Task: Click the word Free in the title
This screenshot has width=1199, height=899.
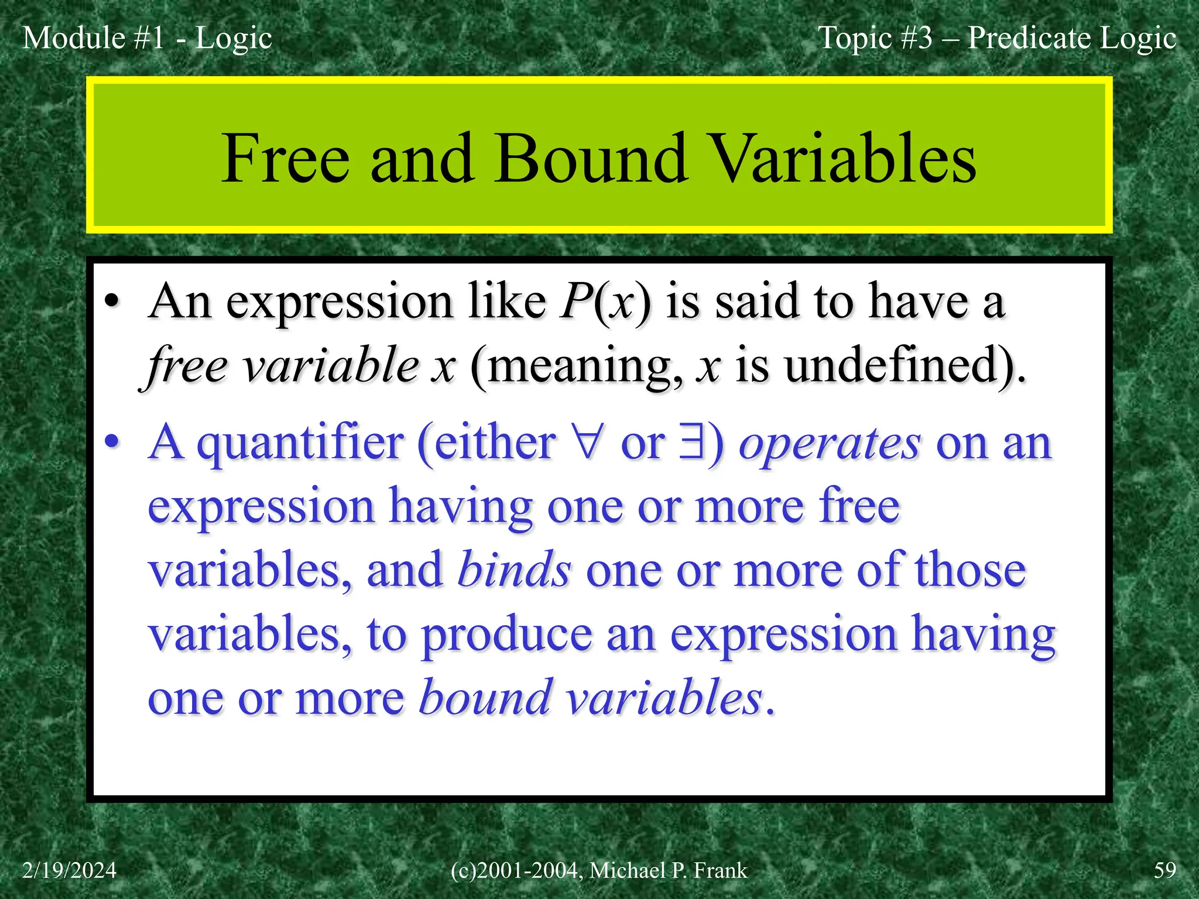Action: point(285,158)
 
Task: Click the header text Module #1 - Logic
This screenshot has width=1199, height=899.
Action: point(147,38)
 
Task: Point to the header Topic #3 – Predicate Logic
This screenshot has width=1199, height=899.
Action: point(996,38)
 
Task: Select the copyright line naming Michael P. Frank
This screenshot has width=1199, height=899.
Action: point(599,870)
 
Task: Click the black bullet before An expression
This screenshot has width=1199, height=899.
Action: point(112,303)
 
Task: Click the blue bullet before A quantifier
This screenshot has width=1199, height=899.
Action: point(112,443)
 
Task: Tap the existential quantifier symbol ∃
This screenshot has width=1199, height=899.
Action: point(691,443)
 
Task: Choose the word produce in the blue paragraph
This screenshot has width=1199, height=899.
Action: point(507,635)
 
